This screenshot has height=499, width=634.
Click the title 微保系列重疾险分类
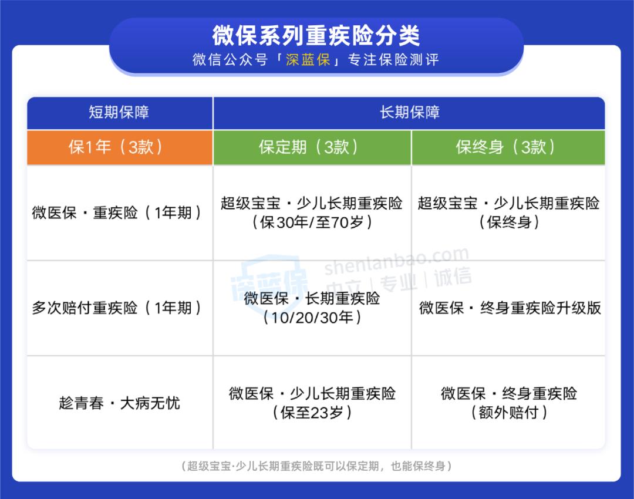click(x=316, y=35)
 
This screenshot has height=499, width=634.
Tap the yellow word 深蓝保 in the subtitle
click(x=308, y=60)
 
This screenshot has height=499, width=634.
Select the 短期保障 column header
click(x=119, y=112)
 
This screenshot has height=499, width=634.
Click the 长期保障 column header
click(x=409, y=112)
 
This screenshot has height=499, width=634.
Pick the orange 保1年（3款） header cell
click(x=119, y=147)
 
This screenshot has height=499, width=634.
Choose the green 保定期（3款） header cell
click(x=312, y=147)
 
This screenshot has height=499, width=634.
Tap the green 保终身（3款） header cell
click(x=508, y=147)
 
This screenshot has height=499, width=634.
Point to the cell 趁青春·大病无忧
click(x=119, y=403)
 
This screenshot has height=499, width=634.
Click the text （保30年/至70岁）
click(x=312, y=222)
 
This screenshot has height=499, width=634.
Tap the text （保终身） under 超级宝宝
click(x=508, y=222)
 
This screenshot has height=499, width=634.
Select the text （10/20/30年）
click(x=312, y=318)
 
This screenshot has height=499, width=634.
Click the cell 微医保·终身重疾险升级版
click(x=510, y=308)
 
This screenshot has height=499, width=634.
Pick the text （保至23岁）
click(x=312, y=413)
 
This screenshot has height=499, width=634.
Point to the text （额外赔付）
click(x=508, y=413)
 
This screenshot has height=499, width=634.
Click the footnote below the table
click(x=316, y=466)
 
